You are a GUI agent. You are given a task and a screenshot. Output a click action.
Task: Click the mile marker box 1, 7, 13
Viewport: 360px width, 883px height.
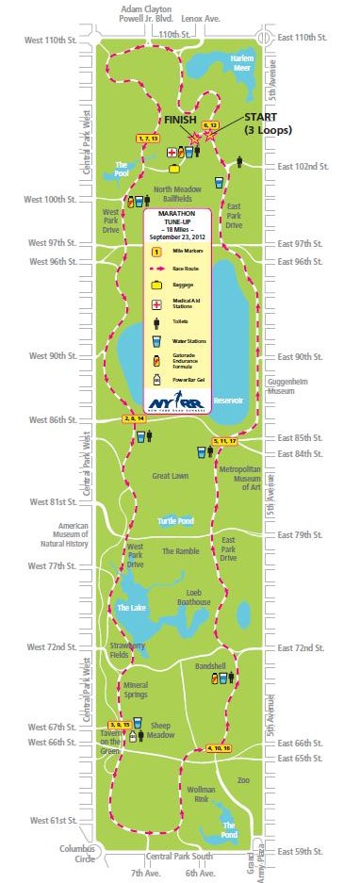click(148, 139)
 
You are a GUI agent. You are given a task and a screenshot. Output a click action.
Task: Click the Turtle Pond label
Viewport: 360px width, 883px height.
click(176, 520)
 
